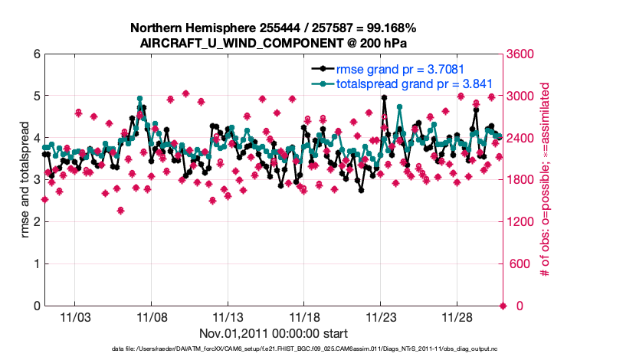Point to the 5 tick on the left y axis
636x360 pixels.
pyautogui.click(x=35, y=97)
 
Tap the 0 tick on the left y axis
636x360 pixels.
pyautogui.click(x=35, y=306)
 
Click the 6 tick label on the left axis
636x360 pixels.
pyautogui.click(x=35, y=54)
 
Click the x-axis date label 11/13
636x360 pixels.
pyautogui.click(x=228, y=317)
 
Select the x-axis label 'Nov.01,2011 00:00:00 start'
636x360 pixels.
pyautogui.click(x=274, y=333)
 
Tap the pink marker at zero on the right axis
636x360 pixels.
pyautogui.click(x=503, y=306)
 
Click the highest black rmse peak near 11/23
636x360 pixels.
pyautogui.click(x=384, y=98)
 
